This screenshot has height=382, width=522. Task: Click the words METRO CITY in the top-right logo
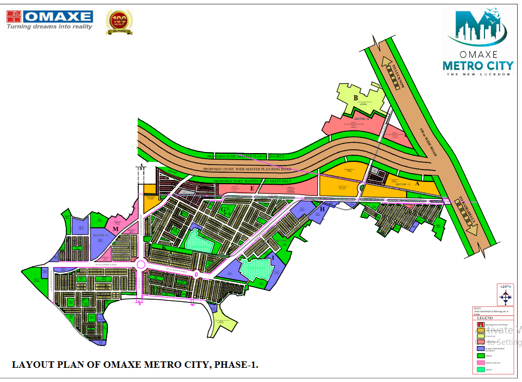tap(478, 66)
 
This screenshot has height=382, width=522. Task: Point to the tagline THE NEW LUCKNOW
tap(478, 75)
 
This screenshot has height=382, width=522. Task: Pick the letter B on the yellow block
tap(356, 98)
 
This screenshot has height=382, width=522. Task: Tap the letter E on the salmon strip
tap(252, 189)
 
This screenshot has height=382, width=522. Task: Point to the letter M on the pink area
tap(115, 229)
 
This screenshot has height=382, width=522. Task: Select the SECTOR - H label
tap(101, 235)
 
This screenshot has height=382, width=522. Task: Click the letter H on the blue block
tap(323, 209)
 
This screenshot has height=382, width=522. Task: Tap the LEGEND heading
tap(484, 318)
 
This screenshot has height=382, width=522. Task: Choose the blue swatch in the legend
tap(481, 348)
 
